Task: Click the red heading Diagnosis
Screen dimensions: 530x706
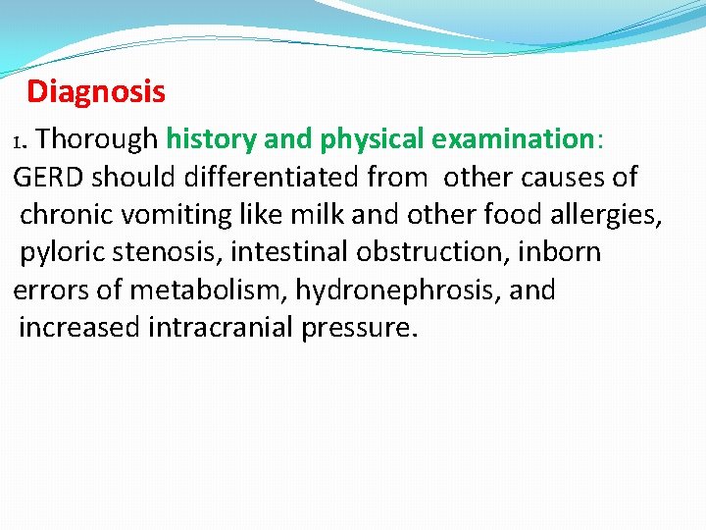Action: click(96, 92)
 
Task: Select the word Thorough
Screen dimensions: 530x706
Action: click(96, 139)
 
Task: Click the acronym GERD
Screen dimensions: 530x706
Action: click(49, 178)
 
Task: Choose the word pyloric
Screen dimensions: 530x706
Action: click(63, 253)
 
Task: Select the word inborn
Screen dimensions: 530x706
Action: click(560, 253)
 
